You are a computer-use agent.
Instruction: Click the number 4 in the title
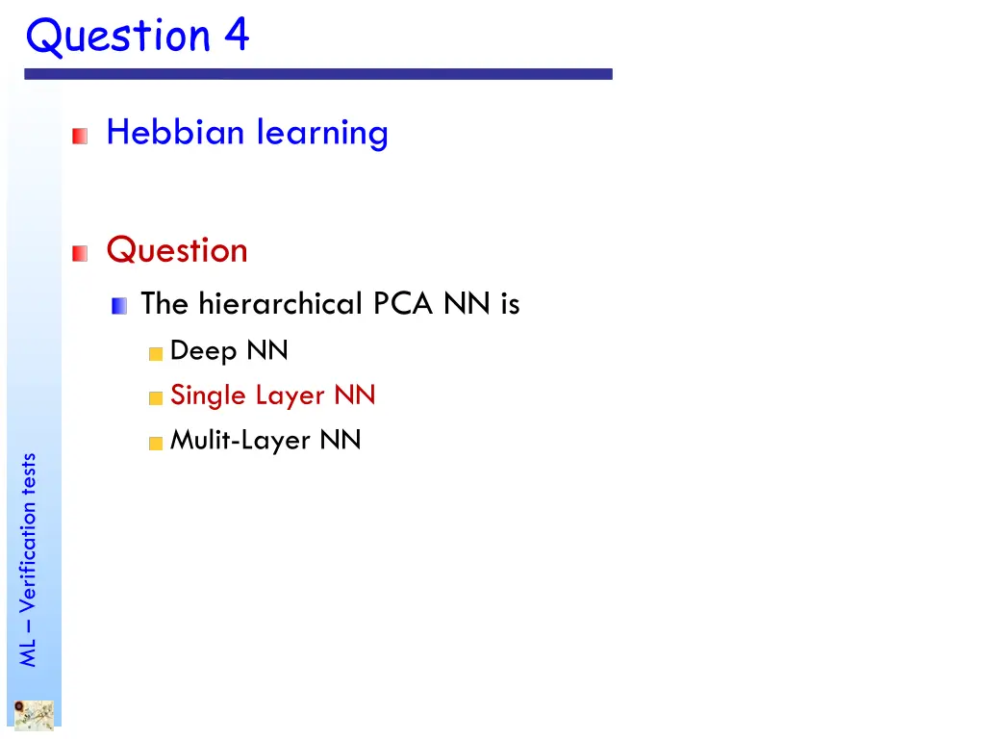[237, 37]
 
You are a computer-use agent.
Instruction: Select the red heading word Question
[177, 250]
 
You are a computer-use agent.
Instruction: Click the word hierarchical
[279, 304]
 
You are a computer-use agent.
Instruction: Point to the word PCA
[405, 304]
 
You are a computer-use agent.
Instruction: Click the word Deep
[204, 352]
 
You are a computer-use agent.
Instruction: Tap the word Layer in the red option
[290, 396]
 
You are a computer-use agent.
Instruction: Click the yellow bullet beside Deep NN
[156, 354]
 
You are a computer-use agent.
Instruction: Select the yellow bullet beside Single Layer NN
[156, 398]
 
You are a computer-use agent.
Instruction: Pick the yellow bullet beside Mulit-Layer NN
[156, 444]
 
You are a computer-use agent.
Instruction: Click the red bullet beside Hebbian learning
[80, 136]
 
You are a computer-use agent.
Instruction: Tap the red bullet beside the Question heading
[80, 254]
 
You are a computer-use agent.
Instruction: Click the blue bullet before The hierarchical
[119, 307]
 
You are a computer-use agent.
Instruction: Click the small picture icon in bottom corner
[34, 714]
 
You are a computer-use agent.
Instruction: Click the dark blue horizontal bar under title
[317, 74]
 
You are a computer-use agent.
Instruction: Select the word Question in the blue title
[119, 37]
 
